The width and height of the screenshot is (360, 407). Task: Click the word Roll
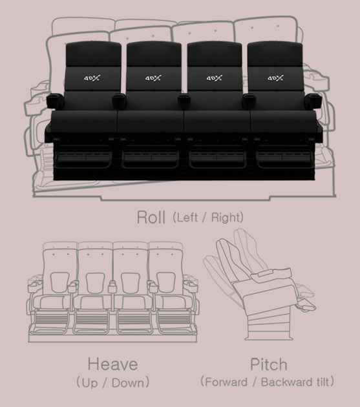tap(151, 217)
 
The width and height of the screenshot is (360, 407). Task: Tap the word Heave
tap(112, 364)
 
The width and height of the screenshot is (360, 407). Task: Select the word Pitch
tap(269, 364)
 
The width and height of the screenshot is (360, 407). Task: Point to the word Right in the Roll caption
tap(226, 218)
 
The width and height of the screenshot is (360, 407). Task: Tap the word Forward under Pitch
tap(226, 382)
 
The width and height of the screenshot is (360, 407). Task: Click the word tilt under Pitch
tap(323, 382)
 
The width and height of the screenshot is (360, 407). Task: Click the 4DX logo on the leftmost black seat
tap(92, 78)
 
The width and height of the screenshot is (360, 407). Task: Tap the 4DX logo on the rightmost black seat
tap(275, 78)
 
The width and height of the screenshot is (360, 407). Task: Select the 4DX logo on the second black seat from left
tap(153, 78)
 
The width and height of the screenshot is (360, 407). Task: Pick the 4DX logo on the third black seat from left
tap(215, 78)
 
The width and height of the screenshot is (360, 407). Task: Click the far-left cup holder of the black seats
tap(55, 101)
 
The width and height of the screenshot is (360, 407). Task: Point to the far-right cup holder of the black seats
tap(313, 101)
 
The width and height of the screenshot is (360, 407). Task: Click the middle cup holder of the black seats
tap(184, 101)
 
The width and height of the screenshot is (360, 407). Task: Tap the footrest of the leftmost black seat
tap(85, 156)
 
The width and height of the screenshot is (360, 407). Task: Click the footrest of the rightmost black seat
tap(284, 156)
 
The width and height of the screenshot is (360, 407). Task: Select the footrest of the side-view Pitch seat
tap(306, 304)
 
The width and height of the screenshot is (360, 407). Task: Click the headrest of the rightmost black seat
tap(275, 54)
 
